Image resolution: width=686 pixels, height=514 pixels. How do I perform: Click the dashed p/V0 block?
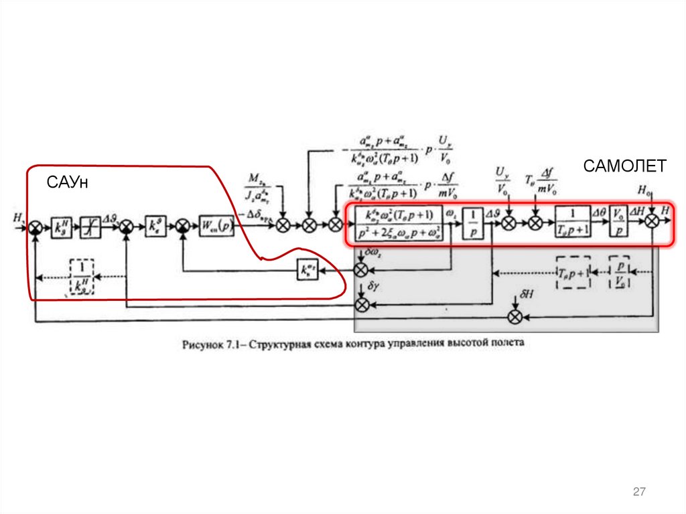point(620,272)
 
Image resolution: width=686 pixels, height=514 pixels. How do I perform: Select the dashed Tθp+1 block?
point(573,273)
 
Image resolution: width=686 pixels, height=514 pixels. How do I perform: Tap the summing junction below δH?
point(515,317)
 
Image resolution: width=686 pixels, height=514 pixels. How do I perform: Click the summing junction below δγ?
point(361,306)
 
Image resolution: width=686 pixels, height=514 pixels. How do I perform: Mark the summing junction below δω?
point(361,269)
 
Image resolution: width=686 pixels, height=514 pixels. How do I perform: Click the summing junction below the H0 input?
point(652,224)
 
